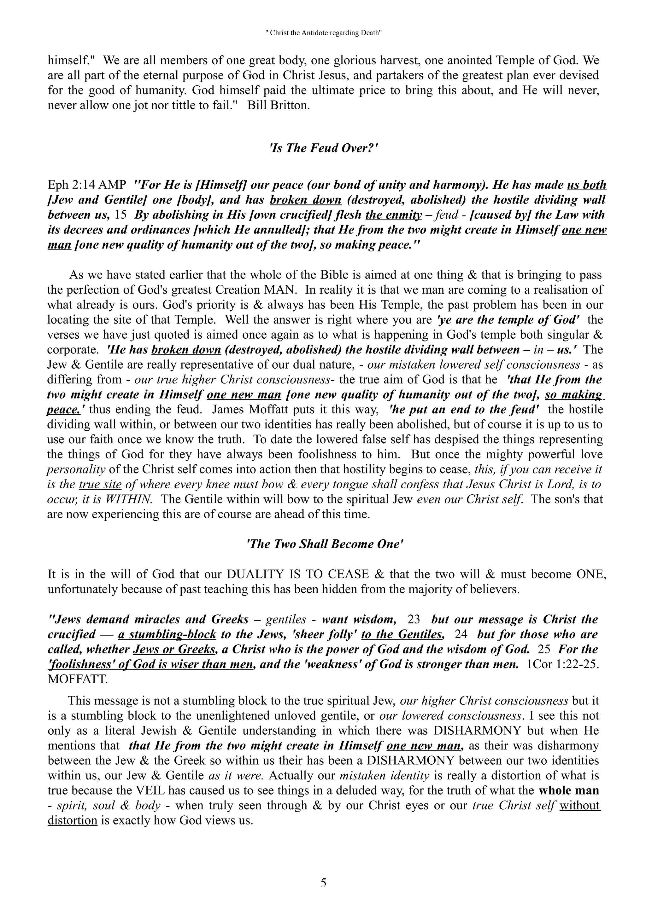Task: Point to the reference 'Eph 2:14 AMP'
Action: (x=87, y=185)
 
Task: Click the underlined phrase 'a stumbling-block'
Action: (x=167, y=635)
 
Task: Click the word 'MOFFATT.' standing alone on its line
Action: (x=78, y=679)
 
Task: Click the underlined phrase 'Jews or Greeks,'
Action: (x=175, y=650)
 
